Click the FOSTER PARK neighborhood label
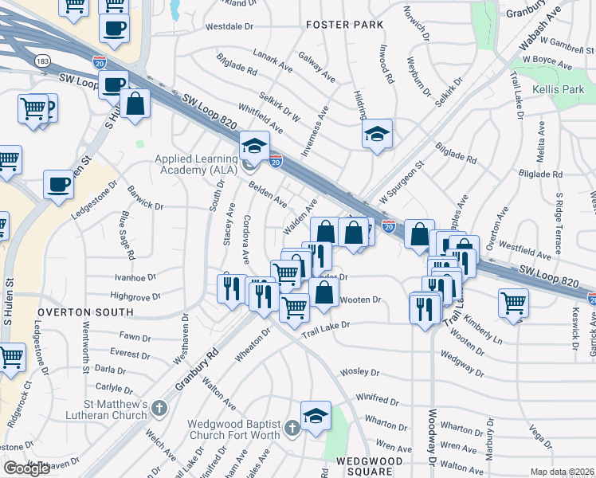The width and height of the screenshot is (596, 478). click(x=344, y=25)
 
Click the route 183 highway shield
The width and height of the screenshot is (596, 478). click(x=41, y=61)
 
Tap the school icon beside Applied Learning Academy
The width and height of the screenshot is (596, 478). click(x=255, y=146)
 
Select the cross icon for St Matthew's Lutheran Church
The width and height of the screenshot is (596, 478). click(x=159, y=409)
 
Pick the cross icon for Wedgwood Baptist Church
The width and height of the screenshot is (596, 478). click(x=292, y=429)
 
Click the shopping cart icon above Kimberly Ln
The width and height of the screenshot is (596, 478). click(x=514, y=302)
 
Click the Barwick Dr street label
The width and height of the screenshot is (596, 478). click(x=143, y=206)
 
